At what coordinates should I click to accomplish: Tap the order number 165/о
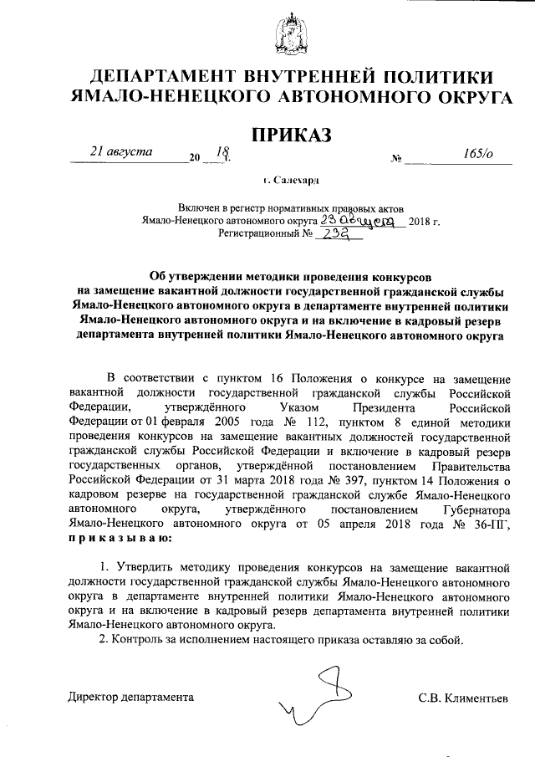[477, 152]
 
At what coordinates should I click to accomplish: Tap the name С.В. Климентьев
[463, 697]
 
